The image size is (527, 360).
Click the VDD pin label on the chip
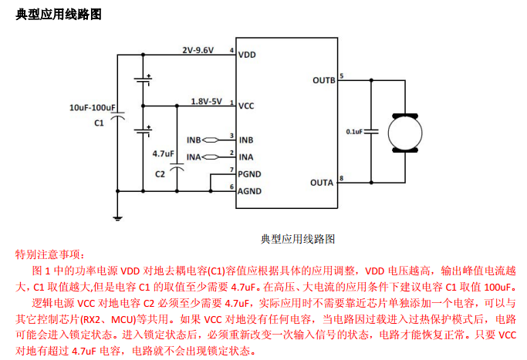tap(247, 55)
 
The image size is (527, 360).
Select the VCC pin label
tap(247, 106)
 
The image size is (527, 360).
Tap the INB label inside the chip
tap(246, 140)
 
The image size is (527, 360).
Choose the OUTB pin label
tap(323, 79)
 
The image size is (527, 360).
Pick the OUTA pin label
tap(323, 183)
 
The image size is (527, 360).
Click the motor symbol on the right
tap(403, 132)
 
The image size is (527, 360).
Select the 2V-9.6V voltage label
tap(198, 49)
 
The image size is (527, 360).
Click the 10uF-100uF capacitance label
tap(93, 108)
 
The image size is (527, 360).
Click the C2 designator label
tap(160, 173)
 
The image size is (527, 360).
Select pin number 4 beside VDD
tap(231, 50)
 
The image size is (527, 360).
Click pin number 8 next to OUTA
tap(342, 178)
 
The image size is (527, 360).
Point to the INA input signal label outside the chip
tap(194, 156)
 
